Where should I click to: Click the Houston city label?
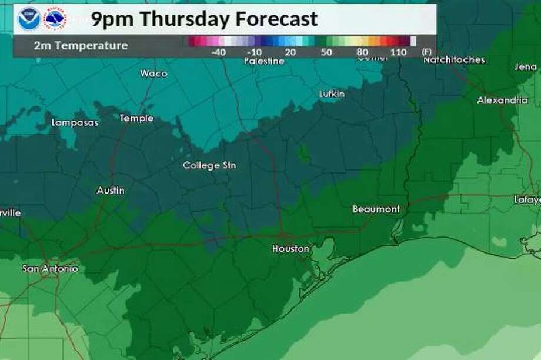(290, 249)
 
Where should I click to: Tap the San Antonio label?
(50, 269)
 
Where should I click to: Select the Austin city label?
(110, 191)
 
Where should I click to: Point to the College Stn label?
(209, 166)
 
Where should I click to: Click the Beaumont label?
(376, 209)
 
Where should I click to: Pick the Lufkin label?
(332, 94)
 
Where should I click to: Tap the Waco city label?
(153, 74)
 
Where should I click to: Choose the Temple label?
(136, 118)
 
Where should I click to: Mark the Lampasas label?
(75, 123)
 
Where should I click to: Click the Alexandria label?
(502, 101)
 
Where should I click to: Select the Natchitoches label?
(454, 60)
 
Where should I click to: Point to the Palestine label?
(264, 61)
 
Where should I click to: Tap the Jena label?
(525, 67)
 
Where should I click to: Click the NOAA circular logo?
(29, 19)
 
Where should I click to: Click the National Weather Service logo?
(56, 19)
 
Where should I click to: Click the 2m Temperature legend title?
(81, 45)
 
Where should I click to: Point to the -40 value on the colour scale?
(218, 52)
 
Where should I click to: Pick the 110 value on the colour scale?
(399, 52)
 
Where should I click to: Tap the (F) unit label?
(426, 52)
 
